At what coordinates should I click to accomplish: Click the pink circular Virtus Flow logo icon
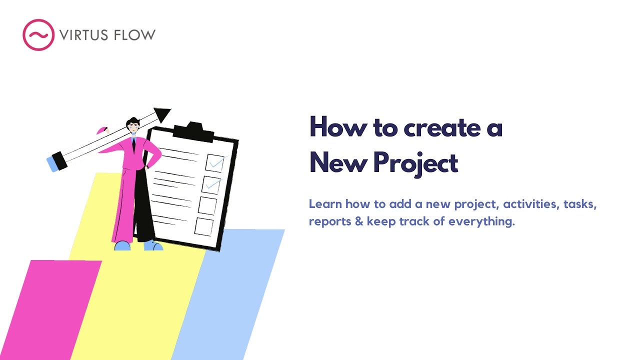coord(38,35)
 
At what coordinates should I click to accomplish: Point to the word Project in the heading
coord(415,163)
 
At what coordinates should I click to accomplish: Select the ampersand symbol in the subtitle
coord(358,221)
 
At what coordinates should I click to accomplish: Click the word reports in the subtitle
coord(330,221)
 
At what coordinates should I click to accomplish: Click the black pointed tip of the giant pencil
coord(162,114)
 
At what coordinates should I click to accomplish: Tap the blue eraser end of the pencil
coord(52,164)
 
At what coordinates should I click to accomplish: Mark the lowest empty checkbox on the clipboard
coord(203,226)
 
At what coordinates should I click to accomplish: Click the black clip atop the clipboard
coord(192,129)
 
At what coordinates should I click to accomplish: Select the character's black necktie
coord(133,145)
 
